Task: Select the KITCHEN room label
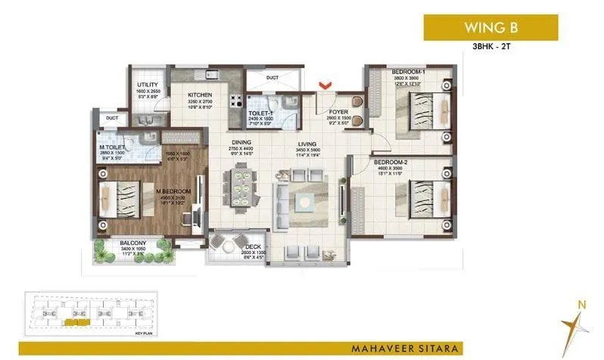click(201, 95)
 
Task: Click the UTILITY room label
click(147, 85)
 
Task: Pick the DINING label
click(241, 143)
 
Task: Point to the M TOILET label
click(112, 148)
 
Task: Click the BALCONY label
click(133, 243)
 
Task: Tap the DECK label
click(253, 247)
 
